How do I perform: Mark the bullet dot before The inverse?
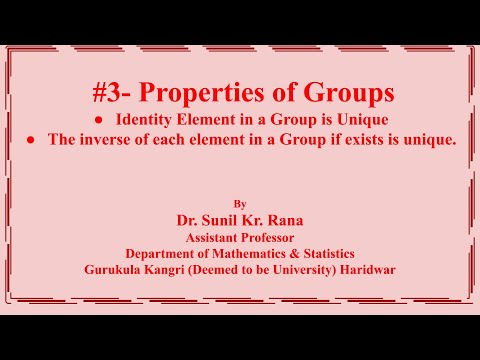click(35, 140)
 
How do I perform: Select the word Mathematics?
click(263, 254)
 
